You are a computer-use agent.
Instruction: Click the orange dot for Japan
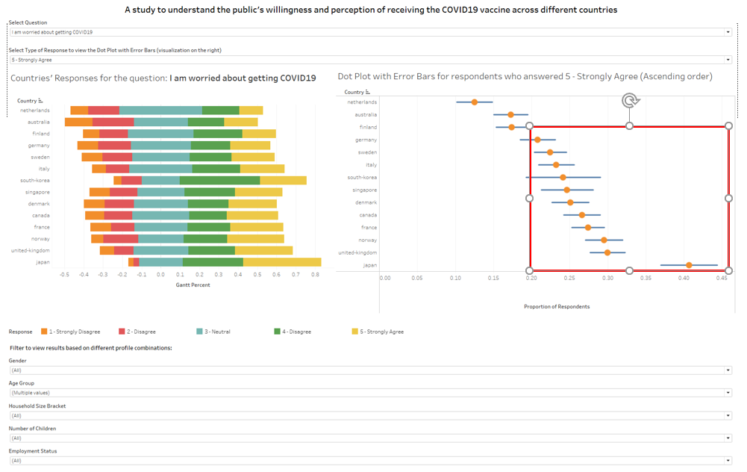coord(689,265)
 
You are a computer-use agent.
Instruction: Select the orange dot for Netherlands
coord(475,102)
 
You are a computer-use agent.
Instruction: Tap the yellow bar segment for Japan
coord(282,262)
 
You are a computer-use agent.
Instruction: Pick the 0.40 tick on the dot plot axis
coord(683,278)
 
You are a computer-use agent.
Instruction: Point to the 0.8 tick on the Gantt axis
coord(316,274)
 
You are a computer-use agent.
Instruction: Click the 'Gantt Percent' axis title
coord(193,285)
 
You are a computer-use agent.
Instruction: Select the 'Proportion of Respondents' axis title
coord(557,306)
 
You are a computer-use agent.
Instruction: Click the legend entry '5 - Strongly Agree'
coord(381,332)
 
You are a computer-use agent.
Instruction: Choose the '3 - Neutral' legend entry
coord(217,332)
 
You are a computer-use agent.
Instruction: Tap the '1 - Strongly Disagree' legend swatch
coord(45,332)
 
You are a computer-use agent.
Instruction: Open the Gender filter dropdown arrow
coord(728,370)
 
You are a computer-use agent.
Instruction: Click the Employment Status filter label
coord(33,451)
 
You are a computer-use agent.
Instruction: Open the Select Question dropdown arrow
coord(728,32)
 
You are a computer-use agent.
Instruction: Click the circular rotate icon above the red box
coord(631,101)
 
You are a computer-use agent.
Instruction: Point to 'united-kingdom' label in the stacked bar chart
coord(31,250)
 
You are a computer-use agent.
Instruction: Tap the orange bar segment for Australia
coord(78,122)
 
